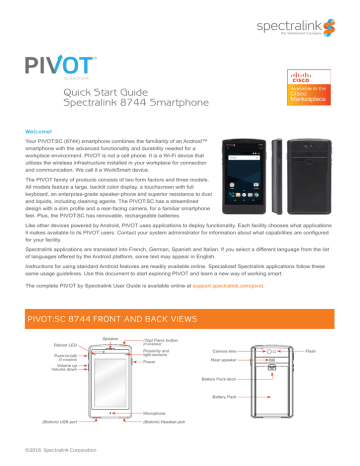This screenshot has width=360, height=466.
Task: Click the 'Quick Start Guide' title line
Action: click(103, 90)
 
